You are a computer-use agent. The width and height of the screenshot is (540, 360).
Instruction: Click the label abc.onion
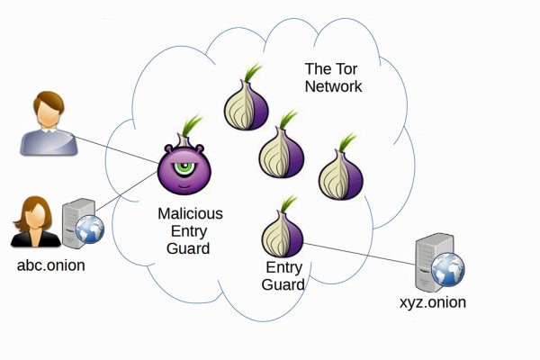50,266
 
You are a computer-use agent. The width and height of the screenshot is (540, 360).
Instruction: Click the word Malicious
190,214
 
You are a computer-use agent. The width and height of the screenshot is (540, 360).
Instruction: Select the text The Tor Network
332,78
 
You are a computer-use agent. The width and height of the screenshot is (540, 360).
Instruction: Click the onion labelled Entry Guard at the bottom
282,232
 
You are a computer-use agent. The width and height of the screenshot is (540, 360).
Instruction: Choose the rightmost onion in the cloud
340,171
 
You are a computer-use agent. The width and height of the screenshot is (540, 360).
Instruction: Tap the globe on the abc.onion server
89,229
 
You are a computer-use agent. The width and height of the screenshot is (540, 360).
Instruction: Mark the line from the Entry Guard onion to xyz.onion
360,254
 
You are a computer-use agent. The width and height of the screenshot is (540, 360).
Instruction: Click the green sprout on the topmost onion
252,72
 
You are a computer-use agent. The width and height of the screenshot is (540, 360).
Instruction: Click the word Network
333,86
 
